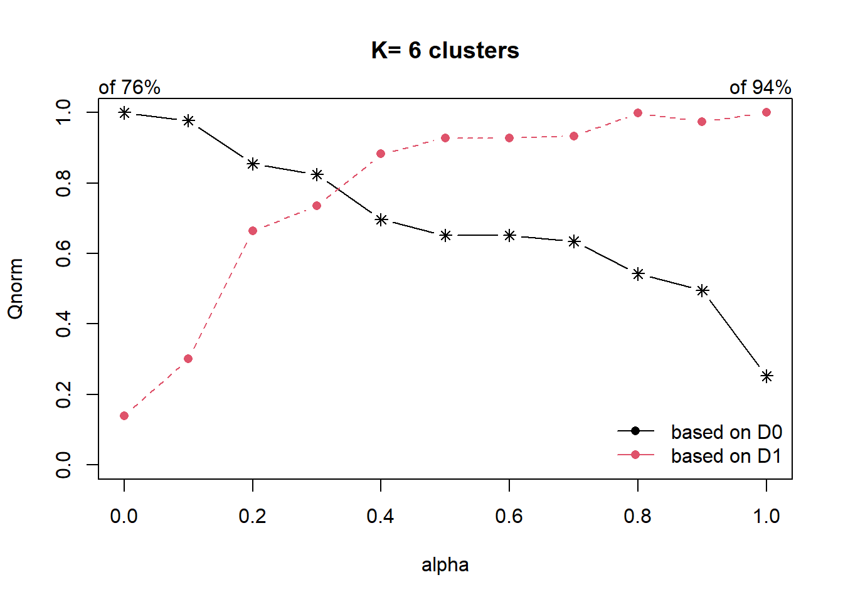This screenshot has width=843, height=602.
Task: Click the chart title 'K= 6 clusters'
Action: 445,51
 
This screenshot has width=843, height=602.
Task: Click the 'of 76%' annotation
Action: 129,87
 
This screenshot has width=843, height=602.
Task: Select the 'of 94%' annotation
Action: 760,87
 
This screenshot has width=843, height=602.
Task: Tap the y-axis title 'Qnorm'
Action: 15,288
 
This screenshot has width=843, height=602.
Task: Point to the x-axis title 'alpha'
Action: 445,565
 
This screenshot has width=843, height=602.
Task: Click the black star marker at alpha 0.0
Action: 124,113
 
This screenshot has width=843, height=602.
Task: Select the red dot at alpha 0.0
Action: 124,416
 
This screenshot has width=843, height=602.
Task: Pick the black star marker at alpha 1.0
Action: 766,376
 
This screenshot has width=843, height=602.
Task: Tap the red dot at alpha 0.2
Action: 253,231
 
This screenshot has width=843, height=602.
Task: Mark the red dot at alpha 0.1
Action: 188,359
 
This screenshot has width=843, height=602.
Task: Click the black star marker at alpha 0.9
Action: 702,290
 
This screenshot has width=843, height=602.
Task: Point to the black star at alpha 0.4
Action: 381,219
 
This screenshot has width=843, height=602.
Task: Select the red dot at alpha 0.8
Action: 638,113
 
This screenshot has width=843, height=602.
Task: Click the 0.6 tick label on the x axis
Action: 509,516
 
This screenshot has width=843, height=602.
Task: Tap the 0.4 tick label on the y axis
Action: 63,324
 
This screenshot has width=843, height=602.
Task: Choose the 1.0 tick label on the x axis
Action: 766,516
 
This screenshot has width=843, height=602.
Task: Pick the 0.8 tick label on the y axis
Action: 63,183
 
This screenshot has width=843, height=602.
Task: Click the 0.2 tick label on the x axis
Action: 252,516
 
